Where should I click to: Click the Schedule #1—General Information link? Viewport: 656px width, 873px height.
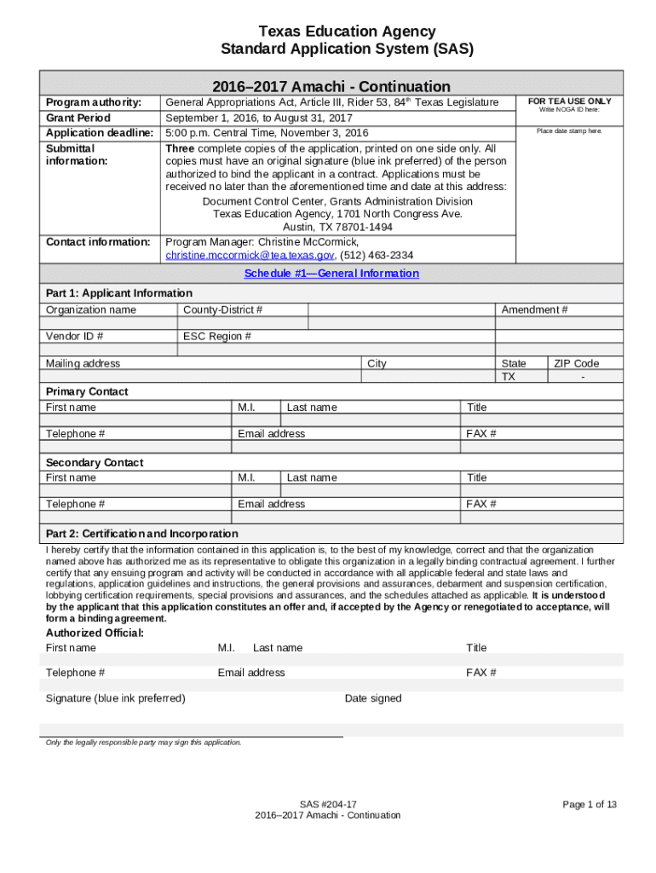331,274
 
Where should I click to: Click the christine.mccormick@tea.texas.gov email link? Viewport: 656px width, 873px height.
250,256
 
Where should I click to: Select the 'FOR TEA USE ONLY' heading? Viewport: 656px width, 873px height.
569,101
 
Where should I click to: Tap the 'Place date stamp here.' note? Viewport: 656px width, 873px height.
569,131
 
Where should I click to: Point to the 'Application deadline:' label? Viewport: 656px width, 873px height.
100,133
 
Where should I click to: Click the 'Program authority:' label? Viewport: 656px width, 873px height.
94,102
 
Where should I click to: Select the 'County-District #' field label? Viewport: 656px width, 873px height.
222,309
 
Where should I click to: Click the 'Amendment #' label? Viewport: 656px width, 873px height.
534,309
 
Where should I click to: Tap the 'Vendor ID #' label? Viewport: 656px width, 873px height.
75,336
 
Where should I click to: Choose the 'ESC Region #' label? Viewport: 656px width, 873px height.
217,336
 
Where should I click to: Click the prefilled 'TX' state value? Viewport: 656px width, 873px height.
509,377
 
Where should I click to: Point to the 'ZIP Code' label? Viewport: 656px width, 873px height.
576,363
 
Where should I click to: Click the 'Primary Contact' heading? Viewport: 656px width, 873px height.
87,391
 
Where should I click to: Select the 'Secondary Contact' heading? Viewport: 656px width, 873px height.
95,462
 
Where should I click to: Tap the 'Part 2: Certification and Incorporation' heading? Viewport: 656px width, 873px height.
141,534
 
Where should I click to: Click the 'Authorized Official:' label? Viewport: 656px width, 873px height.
95,633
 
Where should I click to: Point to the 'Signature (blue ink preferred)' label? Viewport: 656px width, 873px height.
115,698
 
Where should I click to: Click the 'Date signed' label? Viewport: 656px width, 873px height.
372,698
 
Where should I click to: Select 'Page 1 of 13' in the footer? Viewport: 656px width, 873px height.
589,805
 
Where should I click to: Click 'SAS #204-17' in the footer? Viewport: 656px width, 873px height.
327,805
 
